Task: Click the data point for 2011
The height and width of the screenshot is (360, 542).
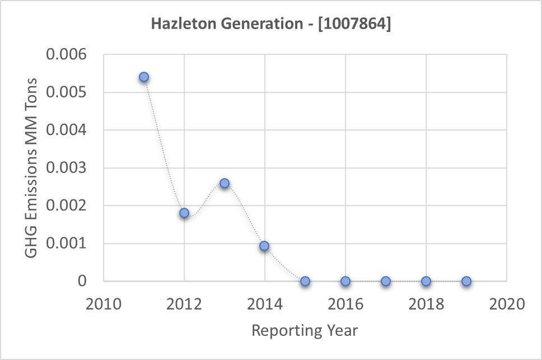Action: pyautogui.click(x=144, y=77)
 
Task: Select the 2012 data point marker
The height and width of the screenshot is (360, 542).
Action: pyautogui.click(x=184, y=213)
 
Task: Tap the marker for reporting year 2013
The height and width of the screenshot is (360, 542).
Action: pyautogui.click(x=225, y=183)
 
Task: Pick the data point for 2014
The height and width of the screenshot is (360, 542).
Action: pyautogui.click(x=264, y=246)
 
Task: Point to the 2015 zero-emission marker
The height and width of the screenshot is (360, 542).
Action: pyautogui.click(x=305, y=281)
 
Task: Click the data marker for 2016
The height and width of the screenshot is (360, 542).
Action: pyautogui.click(x=345, y=281)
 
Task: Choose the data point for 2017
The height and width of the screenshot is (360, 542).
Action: pyautogui.click(x=386, y=281)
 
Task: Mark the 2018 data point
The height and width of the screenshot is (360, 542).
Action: pyautogui.click(x=426, y=281)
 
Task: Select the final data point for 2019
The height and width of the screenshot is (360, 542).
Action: pyautogui.click(x=466, y=281)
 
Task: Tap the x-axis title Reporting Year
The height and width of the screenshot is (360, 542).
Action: pyautogui.click(x=305, y=330)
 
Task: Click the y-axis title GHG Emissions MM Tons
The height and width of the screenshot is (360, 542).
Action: pyautogui.click(x=32, y=168)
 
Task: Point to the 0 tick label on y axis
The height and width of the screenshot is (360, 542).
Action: pyautogui.click(x=82, y=281)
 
